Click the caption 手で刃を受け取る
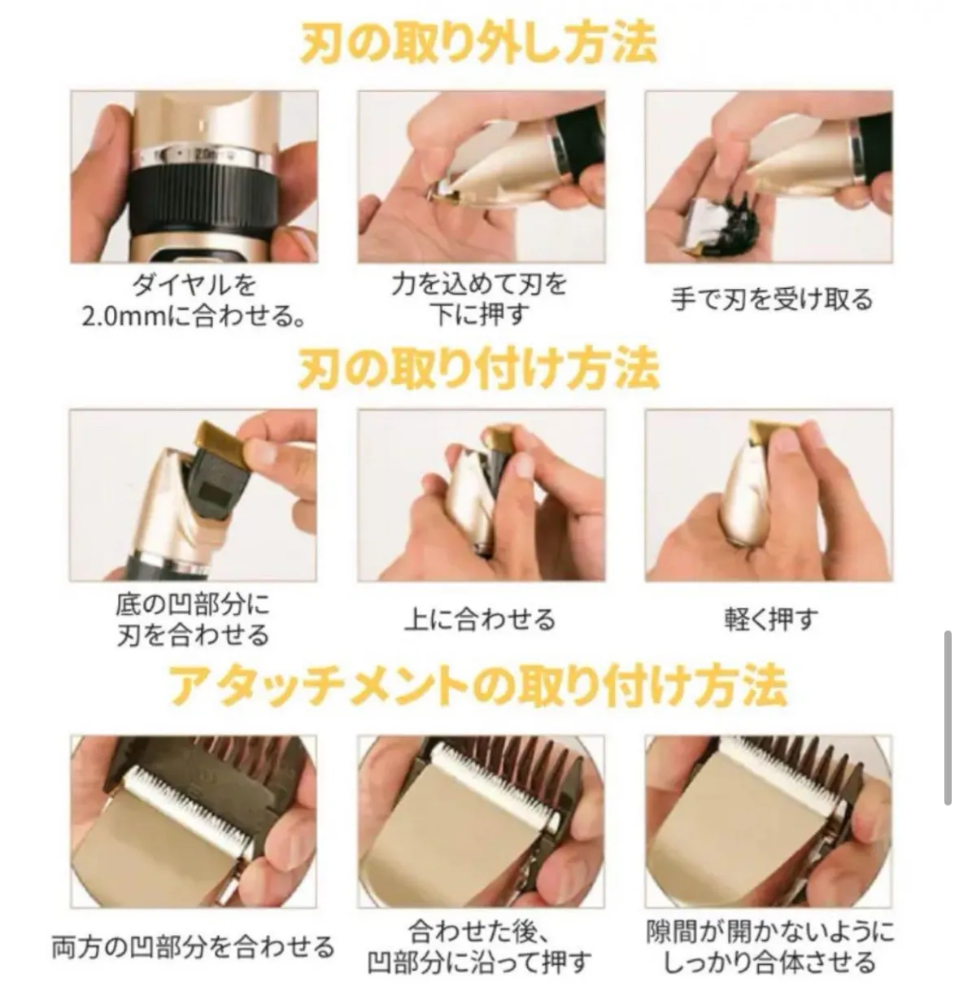771,299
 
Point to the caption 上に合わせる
480,619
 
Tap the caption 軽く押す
771,619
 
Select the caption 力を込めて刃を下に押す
480,299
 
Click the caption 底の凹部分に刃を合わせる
194,619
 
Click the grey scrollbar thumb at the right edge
948,718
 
